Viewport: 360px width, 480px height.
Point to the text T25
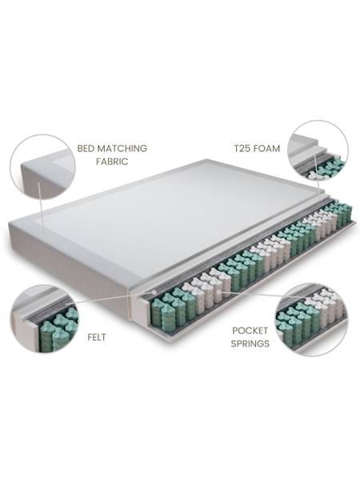click(243, 149)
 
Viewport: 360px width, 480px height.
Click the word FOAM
click(269, 149)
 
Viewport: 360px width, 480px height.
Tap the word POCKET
click(249, 330)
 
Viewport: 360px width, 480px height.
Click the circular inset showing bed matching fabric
click(42, 166)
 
